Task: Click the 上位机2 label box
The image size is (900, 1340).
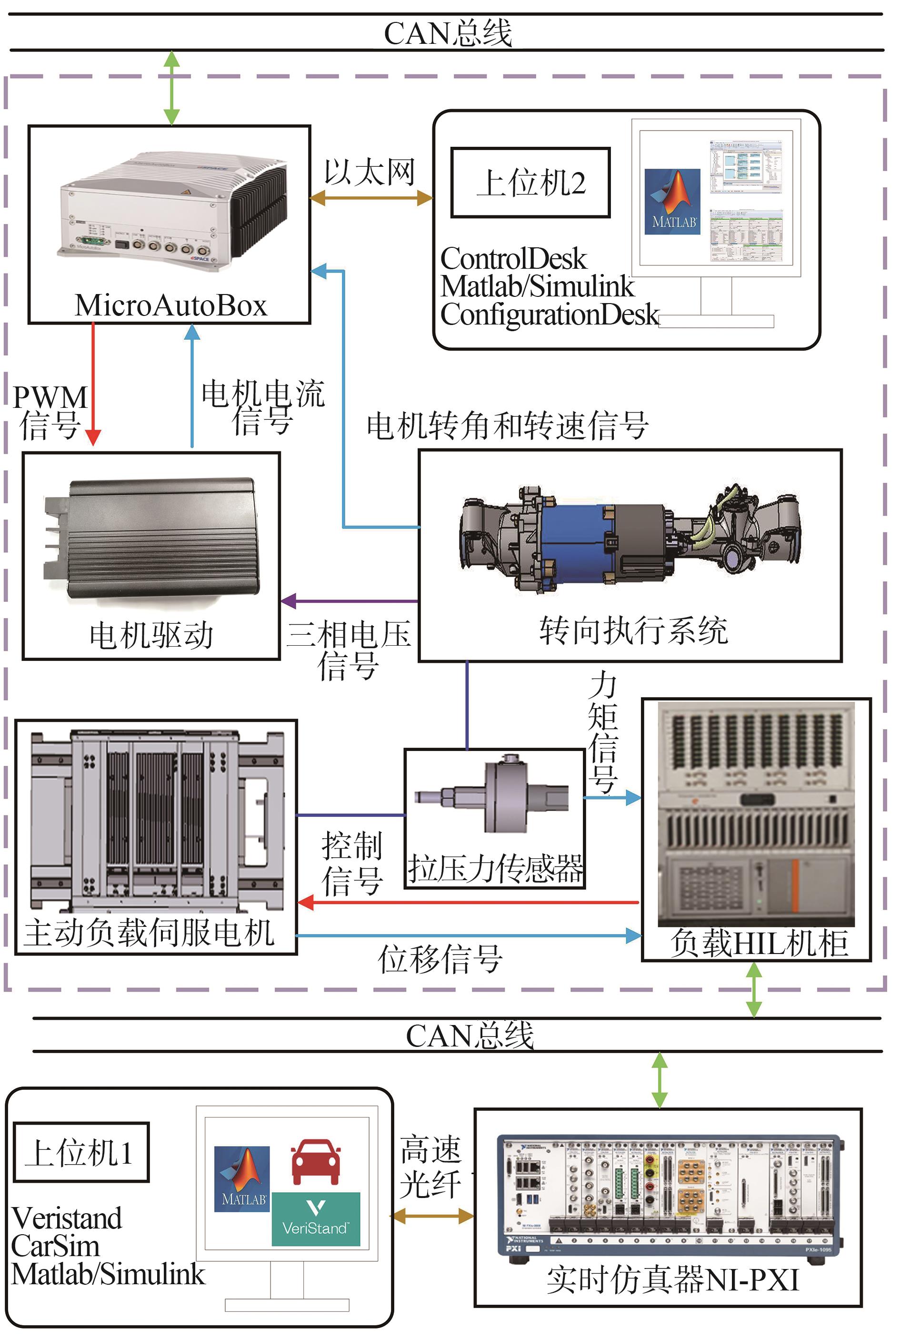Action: (x=530, y=183)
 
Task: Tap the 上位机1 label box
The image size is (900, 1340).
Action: (x=81, y=1152)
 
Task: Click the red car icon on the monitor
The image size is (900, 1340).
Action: (x=315, y=1161)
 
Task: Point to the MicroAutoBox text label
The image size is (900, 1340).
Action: (x=170, y=305)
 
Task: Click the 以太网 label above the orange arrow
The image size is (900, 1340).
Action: (x=369, y=171)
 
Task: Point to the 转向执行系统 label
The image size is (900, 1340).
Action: (x=633, y=630)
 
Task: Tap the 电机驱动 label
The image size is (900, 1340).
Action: (x=151, y=635)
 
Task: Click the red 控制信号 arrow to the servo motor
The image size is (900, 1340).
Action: (x=468, y=903)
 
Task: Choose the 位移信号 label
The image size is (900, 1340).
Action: (x=440, y=959)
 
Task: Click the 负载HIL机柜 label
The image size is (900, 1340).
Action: (x=758, y=943)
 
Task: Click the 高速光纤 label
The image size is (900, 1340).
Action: (x=430, y=1167)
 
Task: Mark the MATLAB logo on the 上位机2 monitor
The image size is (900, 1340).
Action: (x=672, y=201)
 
